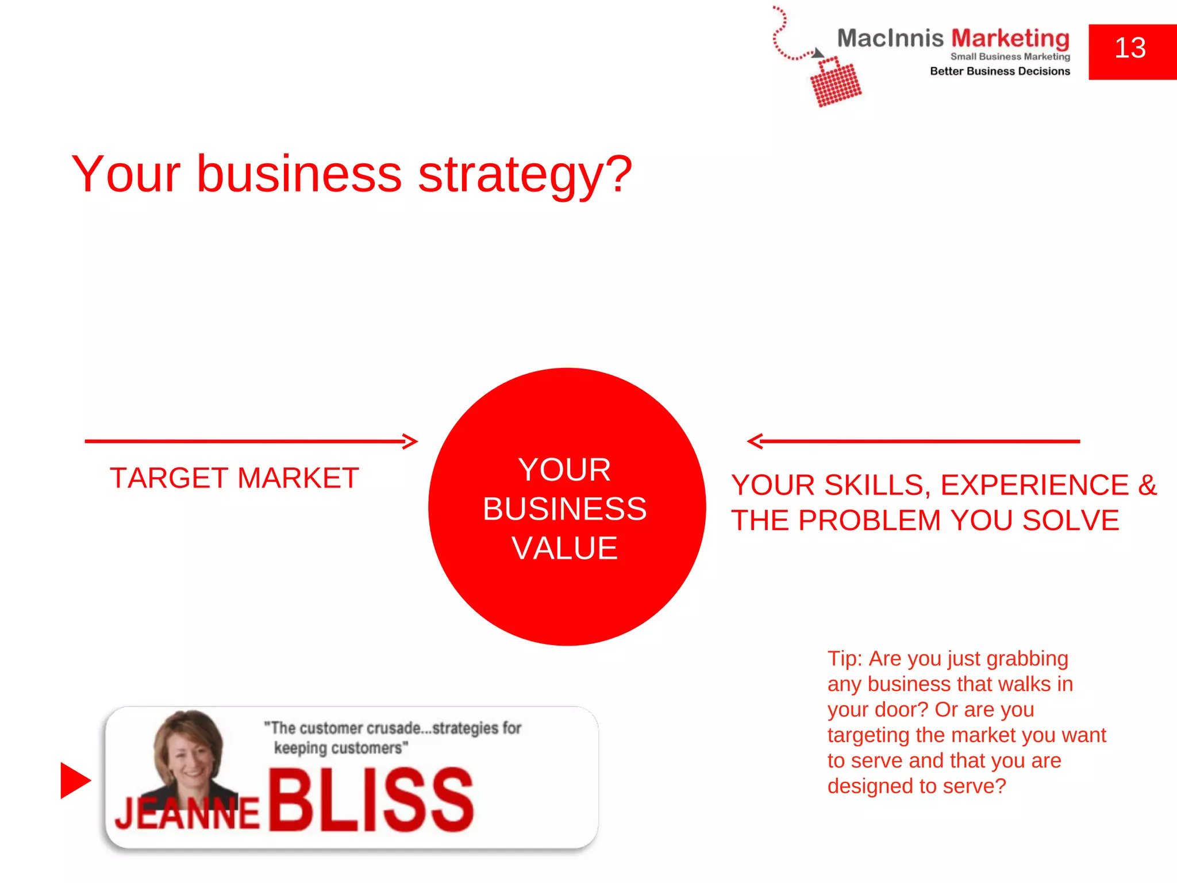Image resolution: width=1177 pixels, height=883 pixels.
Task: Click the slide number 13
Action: click(x=1130, y=48)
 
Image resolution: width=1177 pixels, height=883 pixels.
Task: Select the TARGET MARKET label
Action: click(x=234, y=478)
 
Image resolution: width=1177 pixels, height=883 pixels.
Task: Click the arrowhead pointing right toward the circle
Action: click(x=410, y=441)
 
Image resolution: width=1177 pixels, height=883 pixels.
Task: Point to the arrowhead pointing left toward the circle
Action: click(x=755, y=441)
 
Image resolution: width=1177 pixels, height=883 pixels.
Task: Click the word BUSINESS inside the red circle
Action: click(x=565, y=509)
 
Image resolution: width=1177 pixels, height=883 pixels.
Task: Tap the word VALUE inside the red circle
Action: click(x=565, y=548)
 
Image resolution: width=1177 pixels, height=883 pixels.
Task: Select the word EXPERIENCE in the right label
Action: click(x=1034, y=486)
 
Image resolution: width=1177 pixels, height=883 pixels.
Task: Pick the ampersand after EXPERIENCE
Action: click(x=1147, y=485)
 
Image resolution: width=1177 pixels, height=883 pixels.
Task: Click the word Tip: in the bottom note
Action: click(x=845, y=659)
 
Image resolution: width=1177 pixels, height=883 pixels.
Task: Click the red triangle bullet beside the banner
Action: click(x=75, y=781)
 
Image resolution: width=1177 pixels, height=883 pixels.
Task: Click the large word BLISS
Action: click(x=371, y=801)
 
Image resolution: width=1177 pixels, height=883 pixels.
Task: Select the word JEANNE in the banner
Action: click(x=187, y=813)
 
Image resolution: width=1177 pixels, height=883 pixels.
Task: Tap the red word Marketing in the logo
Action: click(x=1010, y=39)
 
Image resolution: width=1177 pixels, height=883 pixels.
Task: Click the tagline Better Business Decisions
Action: click(x=1000, y=71)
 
